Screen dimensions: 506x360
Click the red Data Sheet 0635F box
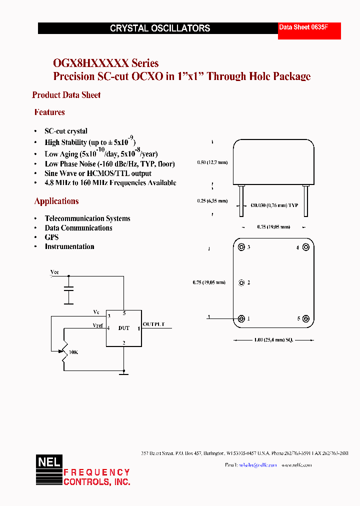pos(309,30)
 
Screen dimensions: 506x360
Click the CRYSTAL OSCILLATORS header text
pos(160,28)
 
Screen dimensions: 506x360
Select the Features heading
pos(49,112)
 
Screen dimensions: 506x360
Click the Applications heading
pos(56,201)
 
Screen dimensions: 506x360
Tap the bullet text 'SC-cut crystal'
pos(66,131)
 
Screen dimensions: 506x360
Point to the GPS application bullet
pos(51,237)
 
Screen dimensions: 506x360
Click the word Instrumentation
pos(69,246)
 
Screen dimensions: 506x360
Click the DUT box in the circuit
pos(123,328)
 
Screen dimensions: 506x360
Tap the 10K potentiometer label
pos(73,352)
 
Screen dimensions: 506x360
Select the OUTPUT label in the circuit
pos(153,324)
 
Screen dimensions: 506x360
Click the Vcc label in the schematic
pos(54,272)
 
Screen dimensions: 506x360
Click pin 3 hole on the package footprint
pos(242,247)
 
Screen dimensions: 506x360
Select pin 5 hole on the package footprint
pos(306,319)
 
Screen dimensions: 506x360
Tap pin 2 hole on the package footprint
pos(242,282)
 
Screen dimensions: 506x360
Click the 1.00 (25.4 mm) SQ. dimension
pos(273,340)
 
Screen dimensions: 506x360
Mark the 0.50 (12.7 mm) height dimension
pos(212,162)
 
